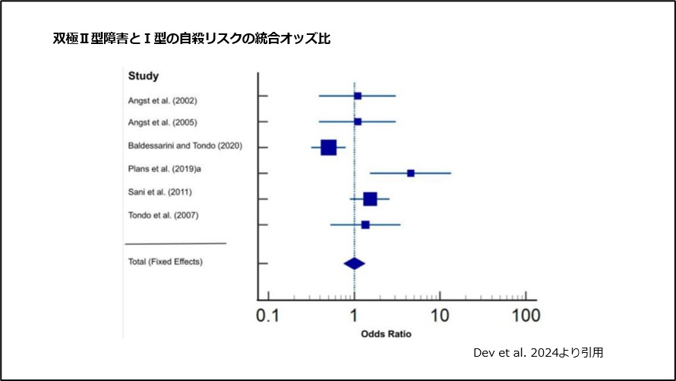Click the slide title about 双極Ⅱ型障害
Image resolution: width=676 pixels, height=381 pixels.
click(191, 38)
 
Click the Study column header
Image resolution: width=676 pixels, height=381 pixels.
click(143, 76)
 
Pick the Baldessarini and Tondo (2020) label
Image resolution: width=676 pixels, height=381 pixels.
click(185, 146)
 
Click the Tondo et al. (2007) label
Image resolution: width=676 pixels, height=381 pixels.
click(163, 216)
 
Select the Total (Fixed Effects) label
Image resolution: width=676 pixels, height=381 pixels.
click(166, 262)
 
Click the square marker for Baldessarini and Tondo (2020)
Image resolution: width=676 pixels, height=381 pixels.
click(328, 147)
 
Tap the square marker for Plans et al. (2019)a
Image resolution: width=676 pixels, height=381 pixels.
click(411, 173)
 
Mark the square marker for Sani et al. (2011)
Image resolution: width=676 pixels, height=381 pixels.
click(370, 199)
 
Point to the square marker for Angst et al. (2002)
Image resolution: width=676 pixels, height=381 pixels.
click(358, 96)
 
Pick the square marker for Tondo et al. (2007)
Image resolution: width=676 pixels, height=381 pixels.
click(365, 225)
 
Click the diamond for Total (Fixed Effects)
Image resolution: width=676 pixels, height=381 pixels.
click(354, 263)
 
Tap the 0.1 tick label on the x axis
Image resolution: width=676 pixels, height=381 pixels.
click(267, 316)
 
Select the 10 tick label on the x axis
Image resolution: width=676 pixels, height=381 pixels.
click(439, 316)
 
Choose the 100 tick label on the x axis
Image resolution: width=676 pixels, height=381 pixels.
click(525, 316)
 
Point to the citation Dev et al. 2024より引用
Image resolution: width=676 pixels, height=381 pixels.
click(538, 352)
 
